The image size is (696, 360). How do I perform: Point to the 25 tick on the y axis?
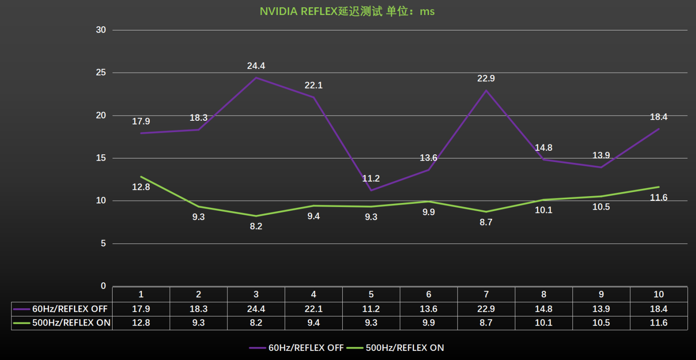click(101, 73)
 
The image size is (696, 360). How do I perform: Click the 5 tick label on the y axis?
click(103, 243)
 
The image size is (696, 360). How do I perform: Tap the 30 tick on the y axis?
click(101, 30)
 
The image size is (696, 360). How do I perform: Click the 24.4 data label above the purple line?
click(256, 66)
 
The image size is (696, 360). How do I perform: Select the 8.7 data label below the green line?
click(486, 222)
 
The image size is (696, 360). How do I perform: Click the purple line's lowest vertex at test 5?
click(371, 190)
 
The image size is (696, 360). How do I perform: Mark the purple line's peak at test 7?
click(486, 90)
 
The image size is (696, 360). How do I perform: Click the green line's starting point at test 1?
click(141, 177)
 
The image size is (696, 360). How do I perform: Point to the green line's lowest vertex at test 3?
click(256, 216)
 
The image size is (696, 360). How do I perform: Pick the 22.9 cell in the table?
click(486, 309)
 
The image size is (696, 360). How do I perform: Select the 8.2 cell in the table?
click(256, 323)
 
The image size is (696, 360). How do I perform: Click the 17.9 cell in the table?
click(141, 309)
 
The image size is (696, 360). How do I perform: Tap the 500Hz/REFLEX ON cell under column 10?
click(658, 323)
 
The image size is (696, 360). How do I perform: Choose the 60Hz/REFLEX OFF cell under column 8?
click(543, 309)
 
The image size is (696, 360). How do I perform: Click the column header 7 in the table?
click(486, 294)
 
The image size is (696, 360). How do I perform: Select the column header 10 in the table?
click(658, 294)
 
